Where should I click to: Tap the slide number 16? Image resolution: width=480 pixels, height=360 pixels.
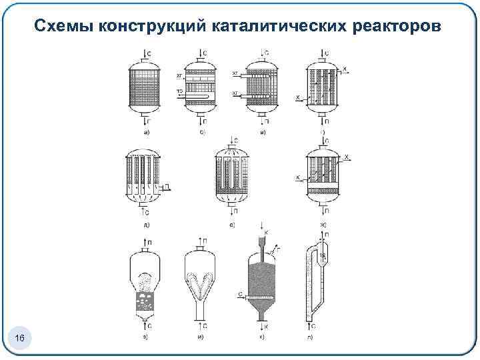click(20, 340)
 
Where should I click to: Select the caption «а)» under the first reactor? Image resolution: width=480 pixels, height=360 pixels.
click(146, 133)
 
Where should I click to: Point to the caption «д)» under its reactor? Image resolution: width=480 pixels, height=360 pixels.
click(146, 225)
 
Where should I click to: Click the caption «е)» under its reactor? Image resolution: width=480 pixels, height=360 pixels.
click(231, 225)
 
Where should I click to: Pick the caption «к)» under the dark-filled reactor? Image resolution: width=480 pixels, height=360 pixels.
click(263, 337)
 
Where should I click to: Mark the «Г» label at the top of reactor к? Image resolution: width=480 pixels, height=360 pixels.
click(278, 247)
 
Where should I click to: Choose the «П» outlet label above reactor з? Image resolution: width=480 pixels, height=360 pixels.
click(148, 241)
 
